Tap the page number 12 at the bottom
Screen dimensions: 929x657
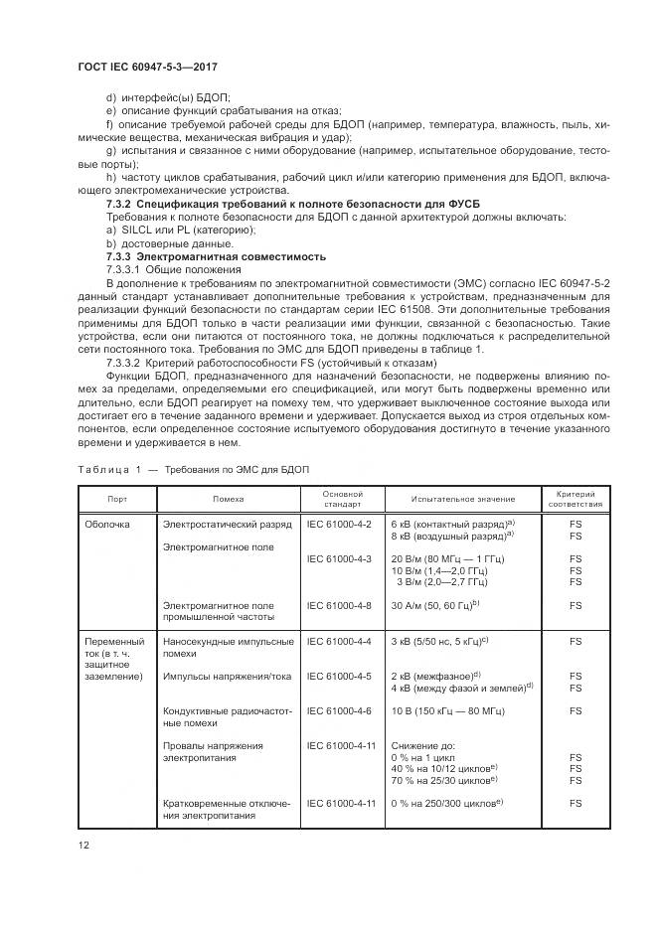83,845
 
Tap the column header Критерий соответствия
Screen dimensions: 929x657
575,498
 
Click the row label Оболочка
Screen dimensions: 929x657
107,523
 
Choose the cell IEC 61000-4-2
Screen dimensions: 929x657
339,523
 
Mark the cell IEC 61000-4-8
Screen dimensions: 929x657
339,604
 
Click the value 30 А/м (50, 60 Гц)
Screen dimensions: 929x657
435,604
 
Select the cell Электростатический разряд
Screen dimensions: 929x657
222,523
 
